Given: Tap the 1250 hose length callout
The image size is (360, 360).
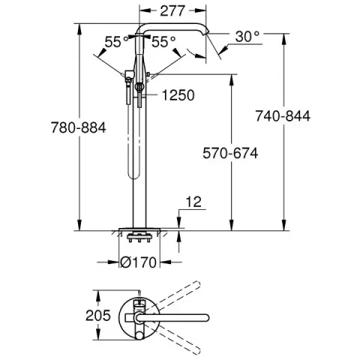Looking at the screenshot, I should tap(177, 95).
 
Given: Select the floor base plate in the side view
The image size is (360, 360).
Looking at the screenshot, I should tap(140, 228).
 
